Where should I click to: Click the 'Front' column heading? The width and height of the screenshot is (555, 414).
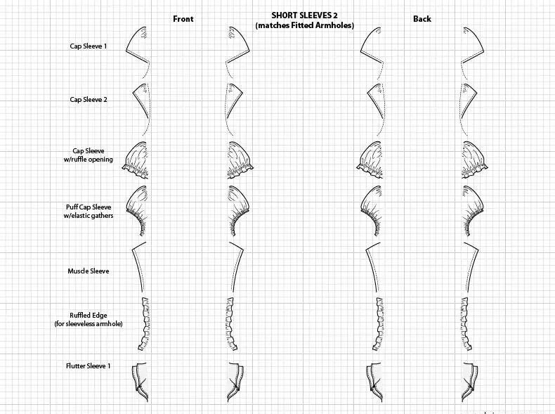pos(183,19)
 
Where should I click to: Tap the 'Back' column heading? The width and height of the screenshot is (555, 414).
pos(422,19)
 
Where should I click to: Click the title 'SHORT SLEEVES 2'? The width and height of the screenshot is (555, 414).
pos(304,15)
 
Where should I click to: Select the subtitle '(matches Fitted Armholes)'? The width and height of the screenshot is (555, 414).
pos(304,25)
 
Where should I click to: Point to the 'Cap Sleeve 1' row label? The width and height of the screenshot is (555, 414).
pos(89,46)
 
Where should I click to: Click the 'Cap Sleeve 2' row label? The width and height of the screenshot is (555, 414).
pos(89,100)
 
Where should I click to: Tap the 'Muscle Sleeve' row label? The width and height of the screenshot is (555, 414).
pos(89,271)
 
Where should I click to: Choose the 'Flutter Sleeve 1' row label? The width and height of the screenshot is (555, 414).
pos(89,366)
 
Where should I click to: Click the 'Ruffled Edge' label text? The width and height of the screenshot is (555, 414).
pos(89,315)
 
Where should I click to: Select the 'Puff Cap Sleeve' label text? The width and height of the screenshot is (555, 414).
pos(89,207)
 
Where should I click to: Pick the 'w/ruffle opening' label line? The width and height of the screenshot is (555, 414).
pos(89,159)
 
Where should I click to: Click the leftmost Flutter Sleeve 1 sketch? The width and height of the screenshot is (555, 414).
pos(141,382)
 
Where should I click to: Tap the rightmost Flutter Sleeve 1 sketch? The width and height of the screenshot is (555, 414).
pos(469,382)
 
